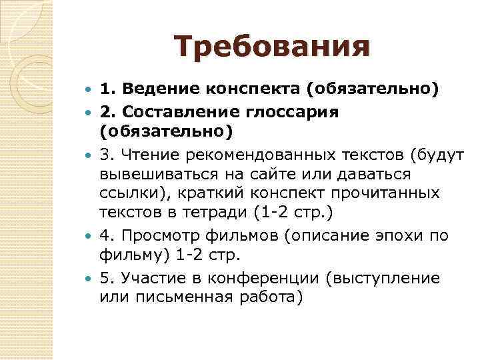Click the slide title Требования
click(x=271, y=47)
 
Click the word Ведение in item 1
click(x=154, y=89)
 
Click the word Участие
click(x=152, y=277)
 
